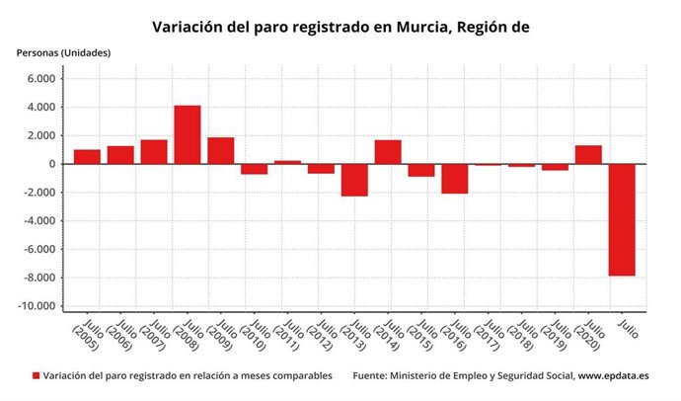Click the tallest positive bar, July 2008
click(188, 134)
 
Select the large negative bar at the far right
click(622, 219)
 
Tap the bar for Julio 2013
click(354, 180)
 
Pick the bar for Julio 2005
click(87, 157)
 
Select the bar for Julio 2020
click(588, 154)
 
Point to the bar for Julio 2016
click(455, 179)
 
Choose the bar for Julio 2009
click(221, 150)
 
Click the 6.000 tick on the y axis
click(40, 79)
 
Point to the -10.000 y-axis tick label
click(38, 306)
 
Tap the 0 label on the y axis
click(50, 164)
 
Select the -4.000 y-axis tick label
click(39, 221)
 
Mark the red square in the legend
click(37, 376)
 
